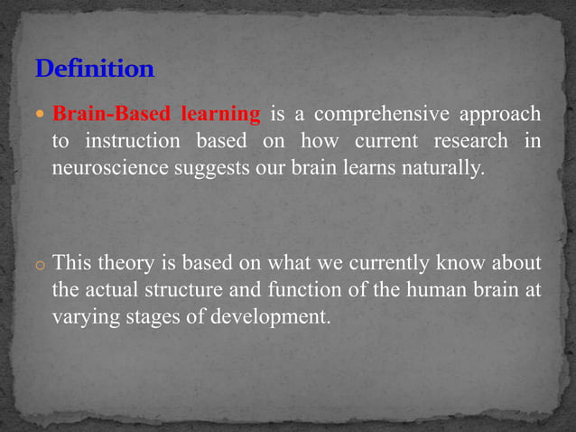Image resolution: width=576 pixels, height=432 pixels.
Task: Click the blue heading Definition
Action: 95,69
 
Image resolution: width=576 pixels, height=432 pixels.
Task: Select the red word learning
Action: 221,115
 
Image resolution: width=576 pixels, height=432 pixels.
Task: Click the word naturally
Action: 444,167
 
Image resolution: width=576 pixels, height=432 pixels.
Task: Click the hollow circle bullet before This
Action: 42,267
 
